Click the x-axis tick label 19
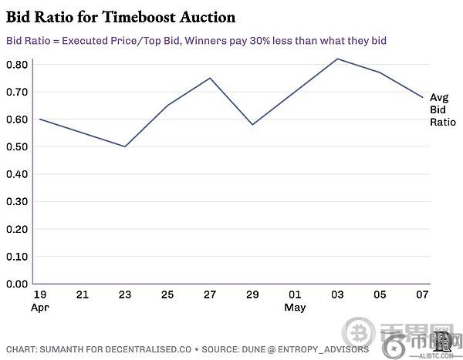(x=39, y=294)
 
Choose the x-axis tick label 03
(x=338, y=294)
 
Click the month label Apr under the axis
(x=41, y=307)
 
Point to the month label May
(x=295, y=307)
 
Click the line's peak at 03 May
(x=338, y=59)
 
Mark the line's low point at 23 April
(x=125, y=146)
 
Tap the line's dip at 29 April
(x=253, y=124)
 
